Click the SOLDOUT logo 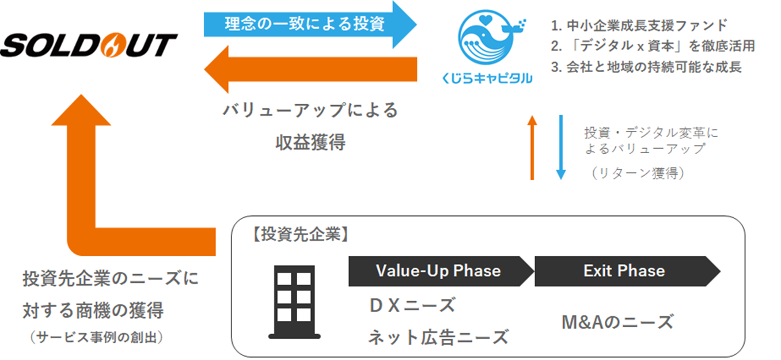89,45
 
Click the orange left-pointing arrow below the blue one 311,69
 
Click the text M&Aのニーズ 617,322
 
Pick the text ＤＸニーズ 411,305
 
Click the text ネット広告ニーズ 438,336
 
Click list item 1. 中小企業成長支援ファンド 639,25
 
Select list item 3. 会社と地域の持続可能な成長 646,66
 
